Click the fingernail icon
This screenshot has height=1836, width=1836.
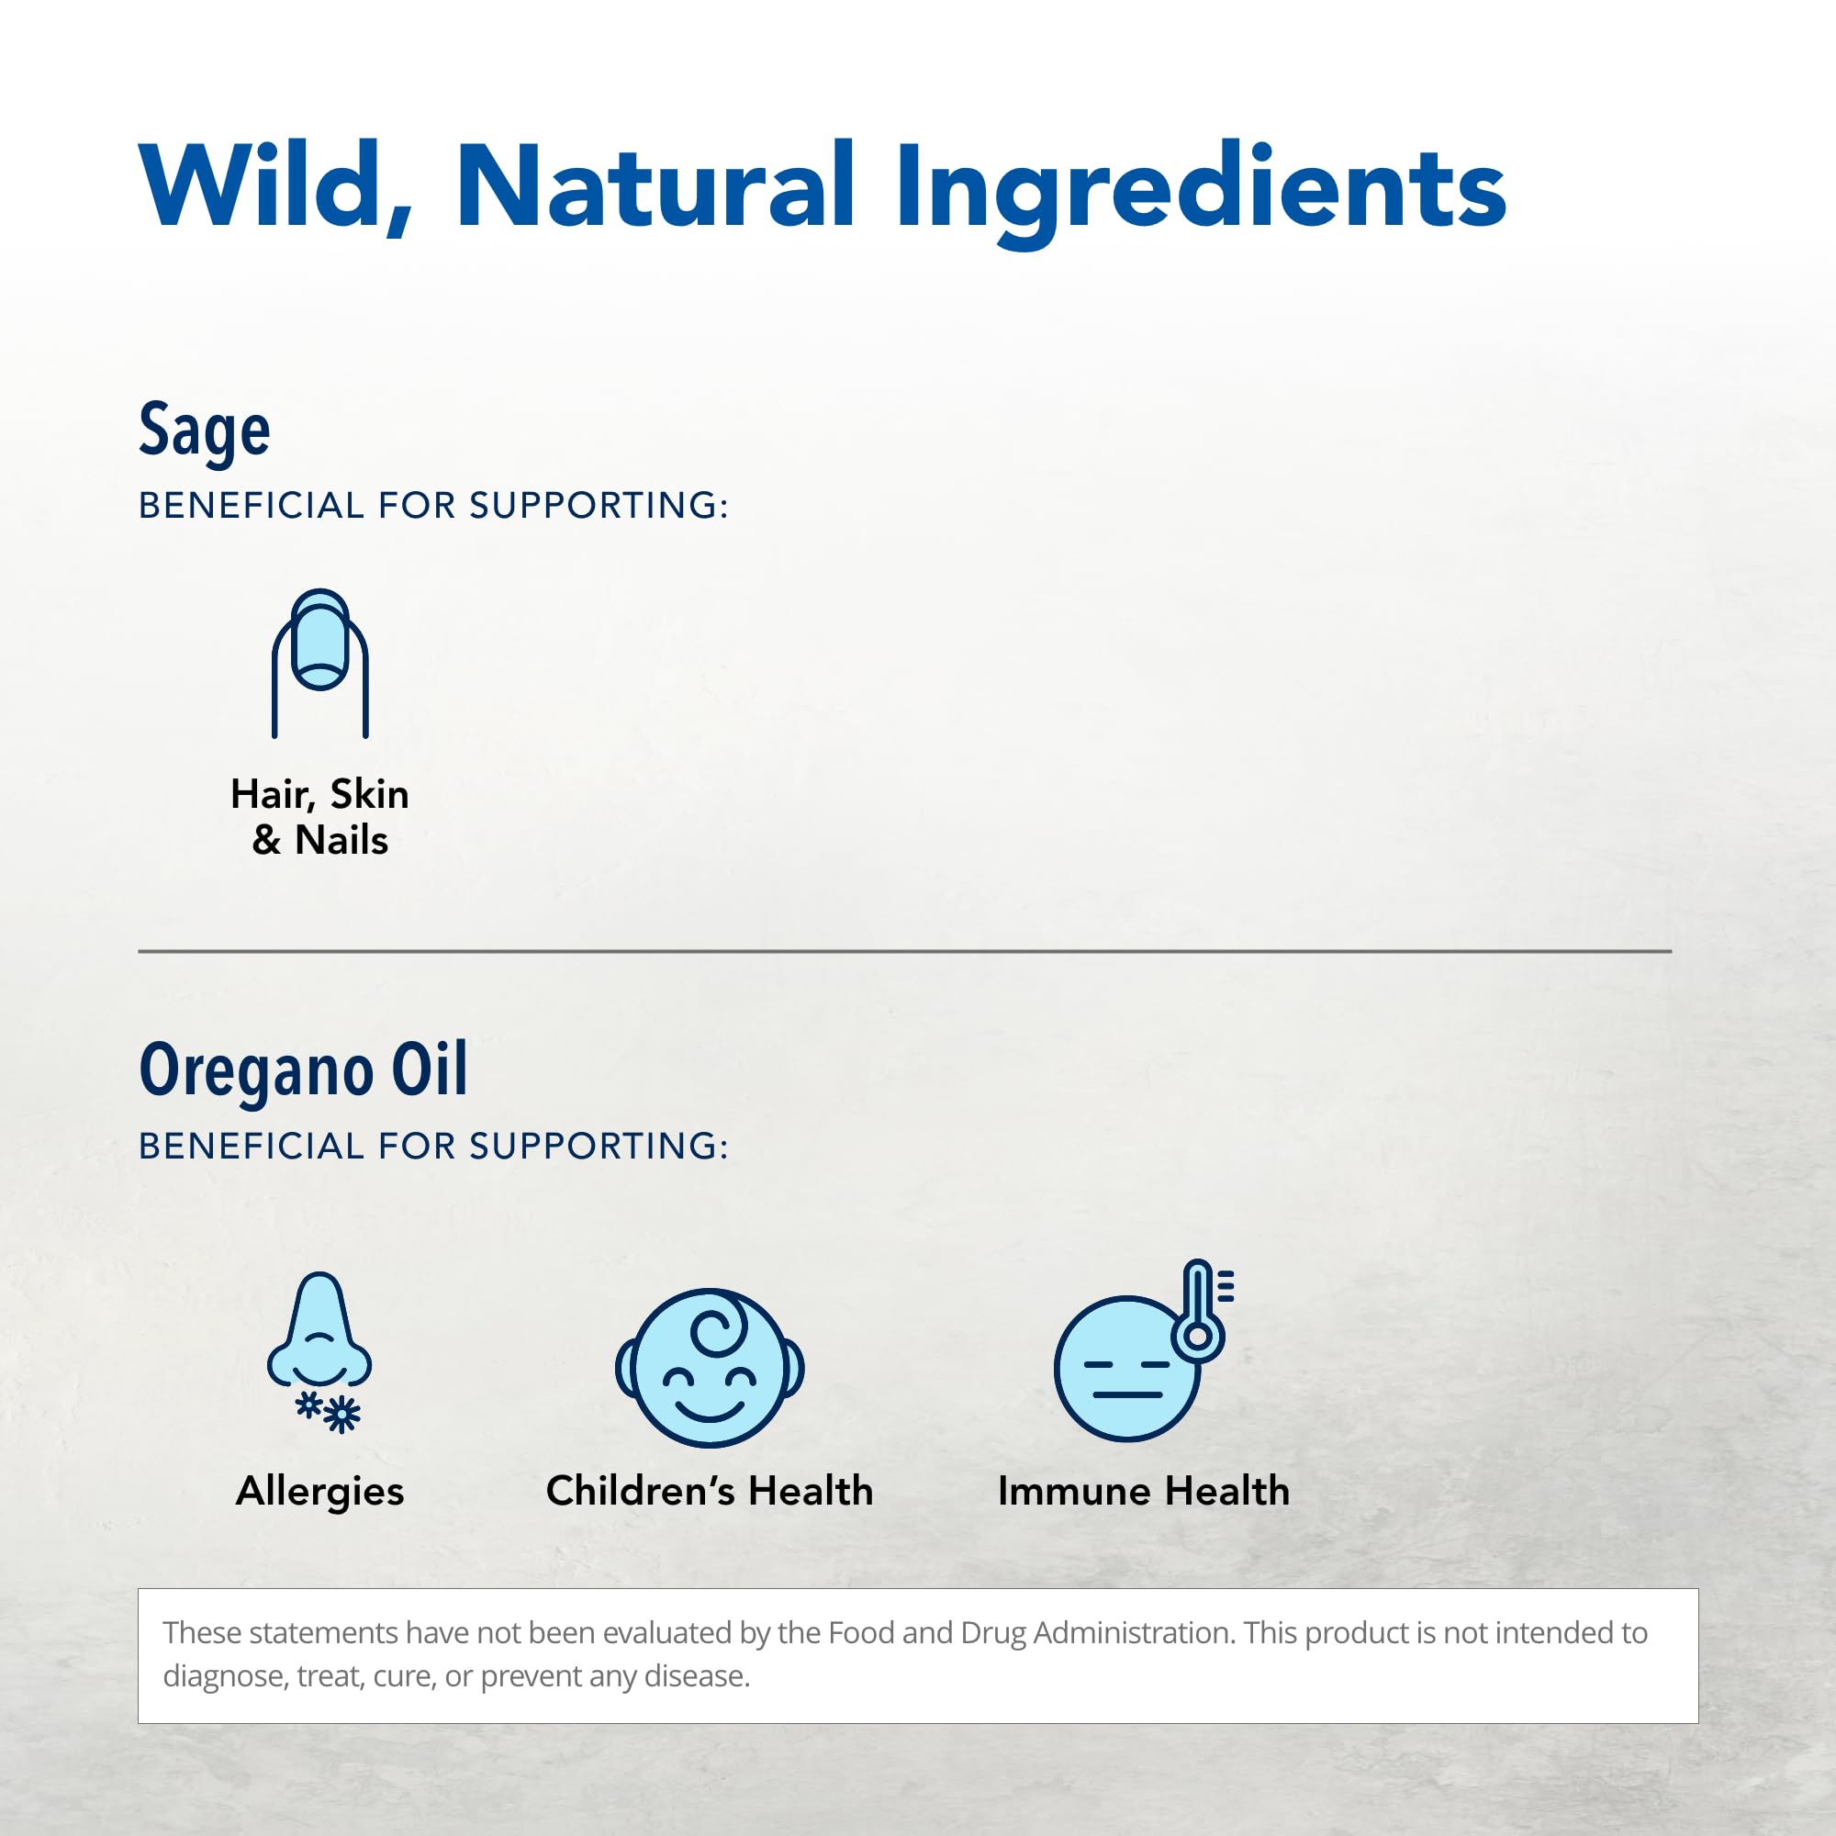click(320, 664)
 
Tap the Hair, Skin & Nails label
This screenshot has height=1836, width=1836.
click(320, 816)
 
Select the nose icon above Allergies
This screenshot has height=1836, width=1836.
click(319, 1330)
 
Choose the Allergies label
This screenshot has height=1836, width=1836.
click(320, 1491)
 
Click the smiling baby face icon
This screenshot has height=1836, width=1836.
click(710, 1368)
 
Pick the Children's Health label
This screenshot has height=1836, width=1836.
click(710, 1490)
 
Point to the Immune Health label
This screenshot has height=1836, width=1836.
click(1144, 1490)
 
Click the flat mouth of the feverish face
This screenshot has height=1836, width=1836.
click(1128, 1395)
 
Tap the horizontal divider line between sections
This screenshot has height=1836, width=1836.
click(905, 950)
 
